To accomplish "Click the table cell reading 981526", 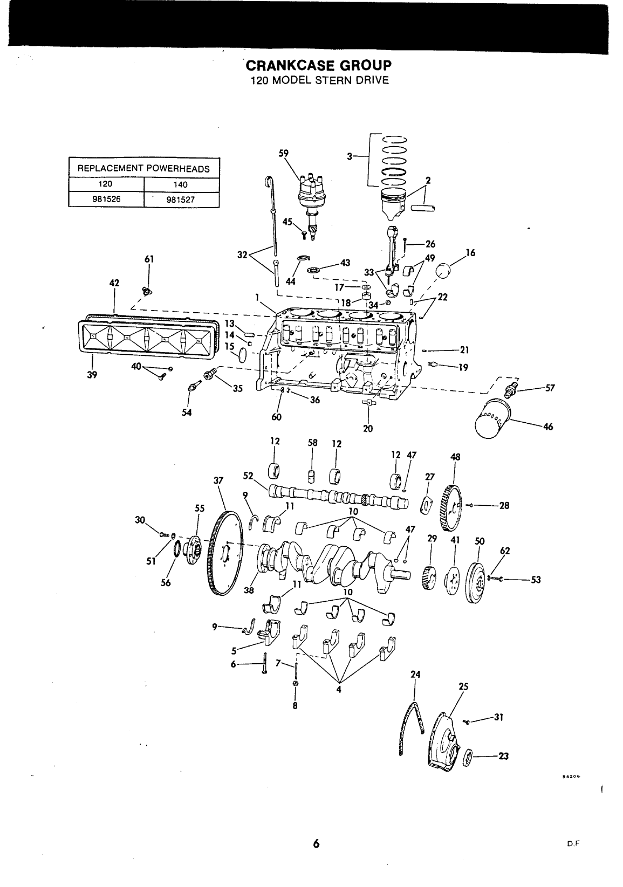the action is (106, 199).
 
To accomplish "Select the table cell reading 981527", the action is (181, 200).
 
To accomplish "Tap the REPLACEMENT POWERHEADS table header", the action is (144, 169).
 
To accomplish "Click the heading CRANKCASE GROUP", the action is (319, 65).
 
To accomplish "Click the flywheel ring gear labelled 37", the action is (224, 553).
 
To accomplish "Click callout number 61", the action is (149, 259).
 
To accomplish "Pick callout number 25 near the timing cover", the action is (463, 686).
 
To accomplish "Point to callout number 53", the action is (536, 580).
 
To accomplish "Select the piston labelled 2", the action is (395, 204).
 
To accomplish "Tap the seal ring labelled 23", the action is (468, 758).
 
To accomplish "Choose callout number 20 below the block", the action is (368, 429).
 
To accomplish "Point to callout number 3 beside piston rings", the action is (350, 157).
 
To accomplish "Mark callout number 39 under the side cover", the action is (92, 375).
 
